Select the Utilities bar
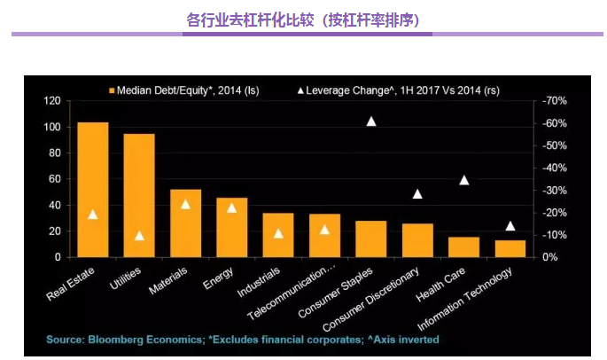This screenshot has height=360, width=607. click(x=139, y=195)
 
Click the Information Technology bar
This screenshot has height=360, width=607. click(x=510, y=248)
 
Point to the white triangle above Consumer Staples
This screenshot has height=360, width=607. click(x=371, y=121)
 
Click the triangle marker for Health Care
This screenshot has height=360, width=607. click(x=463, y=180)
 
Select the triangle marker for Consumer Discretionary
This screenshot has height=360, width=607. click(x=417, y=193)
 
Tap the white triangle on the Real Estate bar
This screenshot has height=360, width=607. click(x=93, y=214)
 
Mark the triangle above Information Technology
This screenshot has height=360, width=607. click(x=510, y=225)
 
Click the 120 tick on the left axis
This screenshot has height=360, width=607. click(x=51, y=101)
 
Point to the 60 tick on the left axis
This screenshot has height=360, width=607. click(x=54, y=179)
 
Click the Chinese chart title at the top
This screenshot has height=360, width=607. click(x=303, y=19)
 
